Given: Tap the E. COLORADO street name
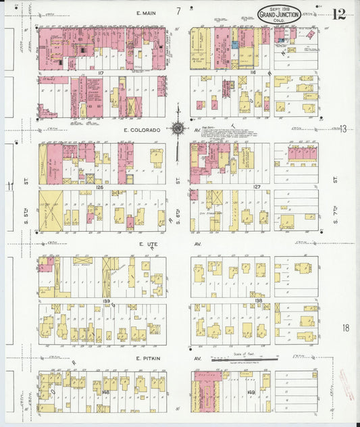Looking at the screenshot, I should point(142,130).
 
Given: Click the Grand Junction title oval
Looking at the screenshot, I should point(280,14).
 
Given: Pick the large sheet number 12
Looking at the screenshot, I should point(339,13).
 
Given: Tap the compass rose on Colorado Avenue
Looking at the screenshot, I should point(178,128).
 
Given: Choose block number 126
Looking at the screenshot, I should point(99,187).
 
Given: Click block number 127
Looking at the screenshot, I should point(257,187).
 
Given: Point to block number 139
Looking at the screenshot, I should point(105,301).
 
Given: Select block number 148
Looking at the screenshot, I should point(106,391).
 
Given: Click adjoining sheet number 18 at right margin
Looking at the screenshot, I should point(345,328).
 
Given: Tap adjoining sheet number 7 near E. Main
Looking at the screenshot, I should point(178,11).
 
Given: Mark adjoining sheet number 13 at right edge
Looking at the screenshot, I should point(343,128).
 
